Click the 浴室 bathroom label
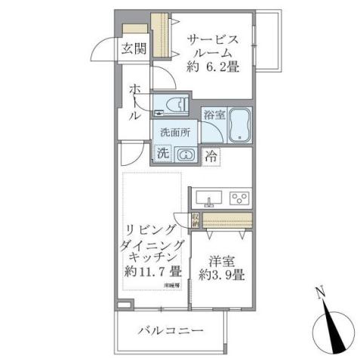[214, 115]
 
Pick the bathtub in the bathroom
[240, 126]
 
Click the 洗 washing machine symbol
[163, 152]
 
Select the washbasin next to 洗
[185, 154]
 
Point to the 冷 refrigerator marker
[211, 157]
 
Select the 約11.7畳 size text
[153, 271]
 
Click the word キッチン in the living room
[153, 257]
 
